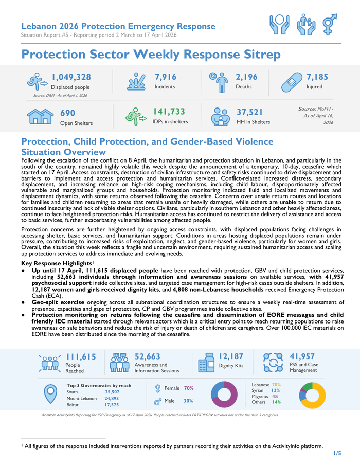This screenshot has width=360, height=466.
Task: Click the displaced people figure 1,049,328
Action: (71, 77)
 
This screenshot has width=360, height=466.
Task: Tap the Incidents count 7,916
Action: (165, 77)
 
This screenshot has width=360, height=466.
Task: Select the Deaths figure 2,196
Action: (246, 77)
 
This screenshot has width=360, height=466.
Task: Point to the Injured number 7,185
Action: (317, 77)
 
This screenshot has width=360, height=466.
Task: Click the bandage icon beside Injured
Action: (293, 82)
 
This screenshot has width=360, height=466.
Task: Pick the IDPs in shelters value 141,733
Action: (169, 112)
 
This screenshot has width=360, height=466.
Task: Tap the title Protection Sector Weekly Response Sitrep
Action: (151, 55)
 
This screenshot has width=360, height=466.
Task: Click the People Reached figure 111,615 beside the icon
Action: (81, 356)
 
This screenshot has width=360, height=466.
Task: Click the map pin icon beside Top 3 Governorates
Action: (50, 395)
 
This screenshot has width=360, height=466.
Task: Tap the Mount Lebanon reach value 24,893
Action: (112, 398)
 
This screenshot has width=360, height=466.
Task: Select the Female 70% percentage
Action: (188, 388)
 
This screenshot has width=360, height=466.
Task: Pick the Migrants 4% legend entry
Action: (265, 397)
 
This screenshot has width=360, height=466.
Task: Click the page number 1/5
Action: (337, 453)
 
